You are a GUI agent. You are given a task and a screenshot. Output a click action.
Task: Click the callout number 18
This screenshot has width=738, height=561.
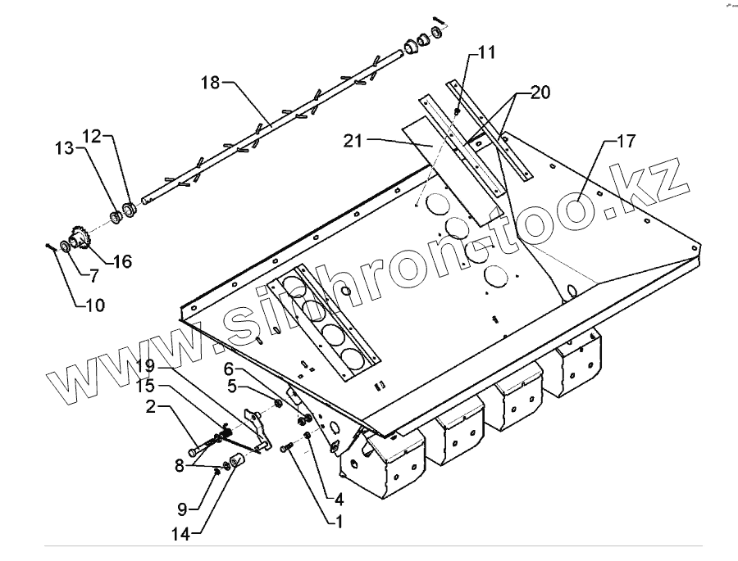tap(211, 82)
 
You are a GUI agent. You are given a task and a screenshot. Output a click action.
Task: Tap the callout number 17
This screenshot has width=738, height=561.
tap(626, 142)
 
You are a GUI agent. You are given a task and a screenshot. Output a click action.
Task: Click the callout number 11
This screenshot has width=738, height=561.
tap(487, 53)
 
